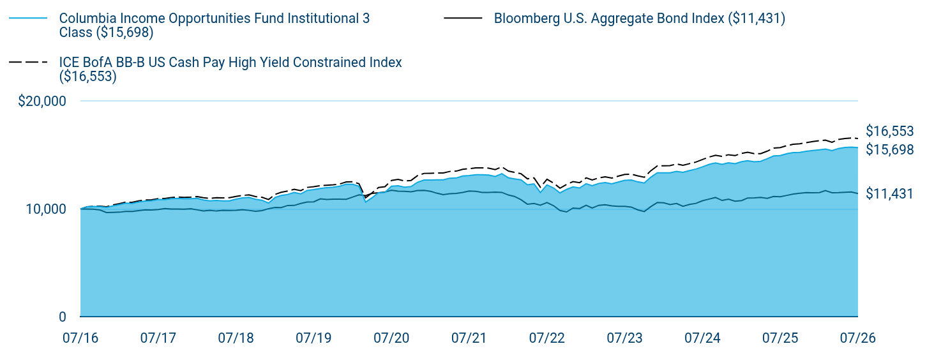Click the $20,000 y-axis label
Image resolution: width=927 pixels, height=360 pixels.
pyautogui.click(x=41, y=101)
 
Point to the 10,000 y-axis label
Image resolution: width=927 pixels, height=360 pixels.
pyautogui.click(x=46, y=209)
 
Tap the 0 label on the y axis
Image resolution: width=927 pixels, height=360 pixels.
pyautogui.click(x=63, y=317)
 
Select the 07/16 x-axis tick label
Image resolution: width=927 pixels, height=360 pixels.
pyautogui.click(x=80, y=338)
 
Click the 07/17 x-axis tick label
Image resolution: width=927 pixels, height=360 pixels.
pyautogui.click(x=158, y=338)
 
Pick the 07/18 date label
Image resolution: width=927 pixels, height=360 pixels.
pyautogui.click(x=236, y=338)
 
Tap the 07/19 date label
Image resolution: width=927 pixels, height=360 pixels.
pyautogui.click(x=313, y=338)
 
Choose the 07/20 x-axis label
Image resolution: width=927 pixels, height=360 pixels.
pyautogui.click(x=391, y=338)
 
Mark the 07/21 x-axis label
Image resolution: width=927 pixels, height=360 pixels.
pyautogui.click(x=469, y=338)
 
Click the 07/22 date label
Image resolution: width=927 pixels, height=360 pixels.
pyautogui.click(x=546, y=338)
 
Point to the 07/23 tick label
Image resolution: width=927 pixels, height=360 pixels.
pyautogui.click(x=624, y=338)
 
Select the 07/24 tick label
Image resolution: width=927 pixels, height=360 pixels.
pyautogui.click(x=702, y=338)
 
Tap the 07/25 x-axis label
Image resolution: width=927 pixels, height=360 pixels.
pyautogui.click(x=780, y=338)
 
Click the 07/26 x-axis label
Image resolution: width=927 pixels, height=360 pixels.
pyautogui.click(x=858, y=338)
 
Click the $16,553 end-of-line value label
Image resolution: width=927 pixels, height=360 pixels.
pyautogui.click(x=890, y=131)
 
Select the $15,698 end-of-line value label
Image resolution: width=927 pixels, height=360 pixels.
pyautogui.click(x=890, y=149)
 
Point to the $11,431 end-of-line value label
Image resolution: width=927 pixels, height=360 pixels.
pyautogui.click(x=890, y=193)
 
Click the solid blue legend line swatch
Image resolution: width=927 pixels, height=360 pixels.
pyautogui.click(x=28, y=19)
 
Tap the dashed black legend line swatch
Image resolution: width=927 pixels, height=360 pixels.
pyautogui.click(x=28, y=62)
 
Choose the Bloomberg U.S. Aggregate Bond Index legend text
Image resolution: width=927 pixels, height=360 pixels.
pyautogui.click(x=639, y=19)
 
